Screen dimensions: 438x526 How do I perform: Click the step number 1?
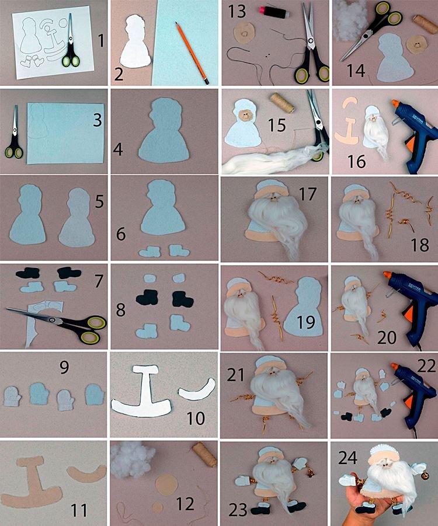[100, 41]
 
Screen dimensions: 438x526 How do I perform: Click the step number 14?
[355, 71]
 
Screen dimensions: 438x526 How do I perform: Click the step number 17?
[307, 194]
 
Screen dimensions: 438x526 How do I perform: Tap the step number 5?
[99, 201]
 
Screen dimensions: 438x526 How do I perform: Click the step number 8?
[120, 310]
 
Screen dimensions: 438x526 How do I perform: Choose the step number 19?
[306, 322]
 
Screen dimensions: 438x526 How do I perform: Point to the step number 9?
[64, 367]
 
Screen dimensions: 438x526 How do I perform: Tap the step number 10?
[195, 418]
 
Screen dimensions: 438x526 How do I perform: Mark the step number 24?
[347, 457]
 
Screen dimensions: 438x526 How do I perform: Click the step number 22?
[426, 366]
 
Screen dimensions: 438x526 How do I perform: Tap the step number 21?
[235, 374]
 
